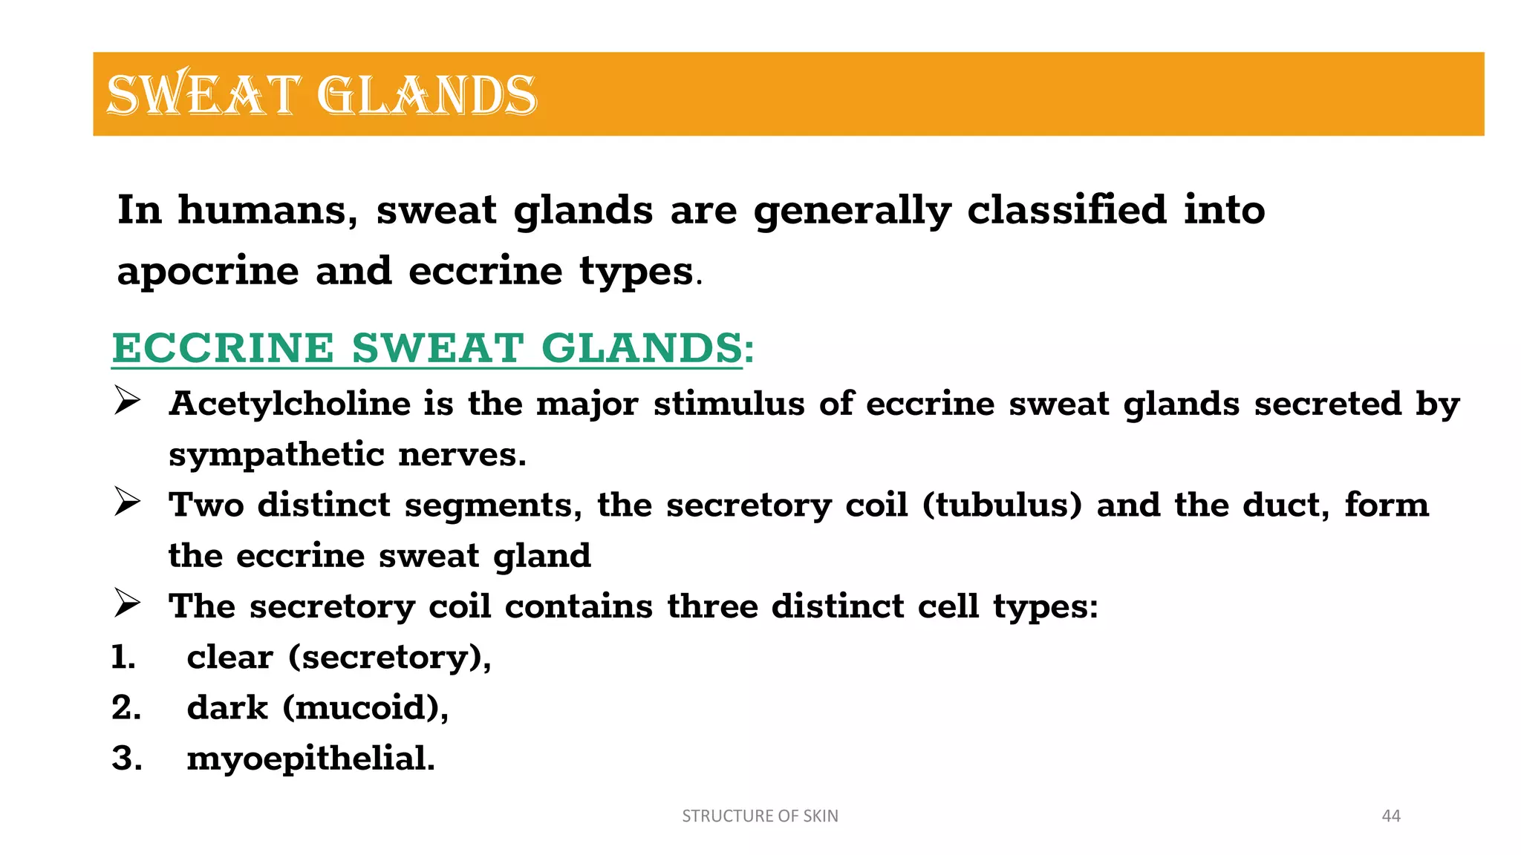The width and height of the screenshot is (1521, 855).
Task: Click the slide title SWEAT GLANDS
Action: [322, 95]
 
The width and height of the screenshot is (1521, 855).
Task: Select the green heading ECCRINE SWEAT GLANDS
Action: [427, 348]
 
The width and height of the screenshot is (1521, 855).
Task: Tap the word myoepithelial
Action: [310, 759]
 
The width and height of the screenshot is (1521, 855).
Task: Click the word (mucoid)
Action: [365, 708]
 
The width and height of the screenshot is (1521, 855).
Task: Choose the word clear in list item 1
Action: [229, 658]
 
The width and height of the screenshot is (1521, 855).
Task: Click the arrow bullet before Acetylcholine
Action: [127, 402]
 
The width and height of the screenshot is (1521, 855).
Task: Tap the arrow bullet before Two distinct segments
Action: [127, 502]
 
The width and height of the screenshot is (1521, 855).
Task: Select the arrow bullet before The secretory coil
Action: [127, 603]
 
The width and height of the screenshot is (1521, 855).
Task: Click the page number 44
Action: [1390, 816]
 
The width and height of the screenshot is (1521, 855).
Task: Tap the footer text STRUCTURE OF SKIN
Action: [760, 816]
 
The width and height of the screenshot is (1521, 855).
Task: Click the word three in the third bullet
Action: [711, 607]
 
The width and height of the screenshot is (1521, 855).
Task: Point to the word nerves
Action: [462, 455]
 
